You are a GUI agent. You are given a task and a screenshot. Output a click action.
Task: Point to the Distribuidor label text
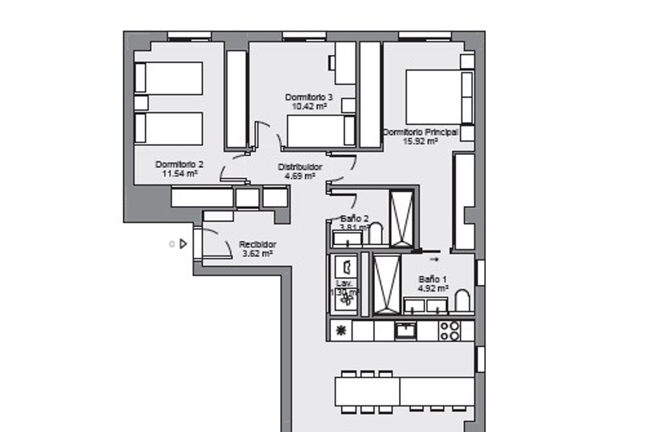(x=300, y=167)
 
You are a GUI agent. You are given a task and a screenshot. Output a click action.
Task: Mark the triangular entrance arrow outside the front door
(x=184, y=244)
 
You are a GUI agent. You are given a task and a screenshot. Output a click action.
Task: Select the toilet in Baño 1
(x=461, y=301)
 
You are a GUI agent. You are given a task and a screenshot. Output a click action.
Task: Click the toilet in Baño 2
(x=376, y=233)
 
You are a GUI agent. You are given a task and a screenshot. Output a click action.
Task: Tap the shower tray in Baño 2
(x=401, y=218)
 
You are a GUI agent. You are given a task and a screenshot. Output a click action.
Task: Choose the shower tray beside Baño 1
(x=385, y=282)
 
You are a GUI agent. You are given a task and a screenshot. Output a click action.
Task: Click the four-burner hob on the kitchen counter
(x=449, y=330)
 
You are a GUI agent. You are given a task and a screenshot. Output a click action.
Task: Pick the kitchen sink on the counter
(x=406, y=330)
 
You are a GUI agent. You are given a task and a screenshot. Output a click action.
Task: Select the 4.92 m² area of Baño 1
(x=433, y=288)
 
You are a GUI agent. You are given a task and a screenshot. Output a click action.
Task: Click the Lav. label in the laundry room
(x=344, y=283)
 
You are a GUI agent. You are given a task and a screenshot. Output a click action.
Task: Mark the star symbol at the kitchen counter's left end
(x=340, y=330)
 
